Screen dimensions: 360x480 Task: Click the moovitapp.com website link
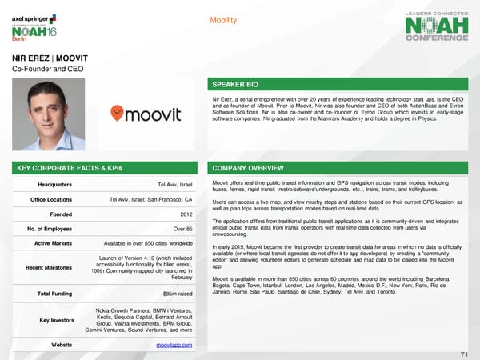point(174,344)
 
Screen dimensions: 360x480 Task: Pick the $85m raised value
point(175,294)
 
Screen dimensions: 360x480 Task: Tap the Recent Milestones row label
point(50,266)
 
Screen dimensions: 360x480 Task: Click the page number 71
point(464,354)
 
